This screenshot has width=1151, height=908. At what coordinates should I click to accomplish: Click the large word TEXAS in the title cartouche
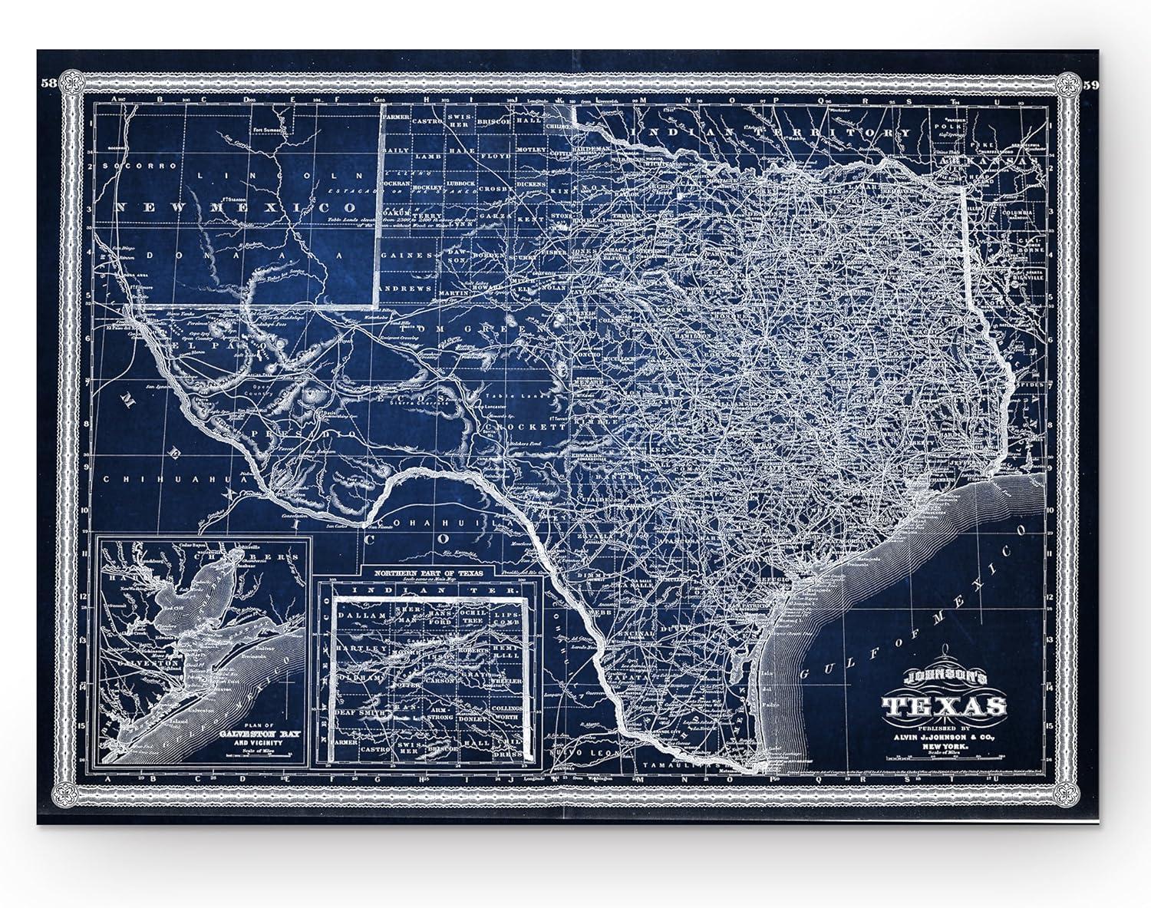[943, 705]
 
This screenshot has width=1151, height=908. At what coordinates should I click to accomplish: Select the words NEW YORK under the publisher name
[943, 745]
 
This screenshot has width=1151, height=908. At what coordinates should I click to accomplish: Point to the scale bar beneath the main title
[943, 758]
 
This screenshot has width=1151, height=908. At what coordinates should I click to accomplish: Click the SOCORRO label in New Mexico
[134, 166]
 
